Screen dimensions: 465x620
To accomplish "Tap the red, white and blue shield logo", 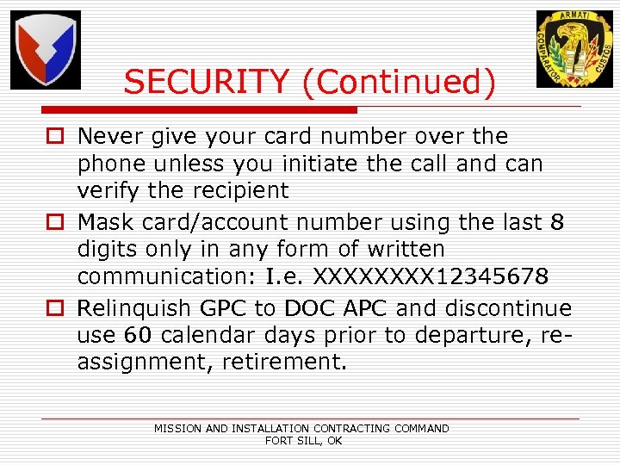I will pos(46,50).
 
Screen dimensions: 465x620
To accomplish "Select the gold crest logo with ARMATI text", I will pos(574,49).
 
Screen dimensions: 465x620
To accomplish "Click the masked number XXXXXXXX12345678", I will pos(431,277).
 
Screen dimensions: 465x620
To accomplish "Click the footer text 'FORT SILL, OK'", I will pos(303,440).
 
